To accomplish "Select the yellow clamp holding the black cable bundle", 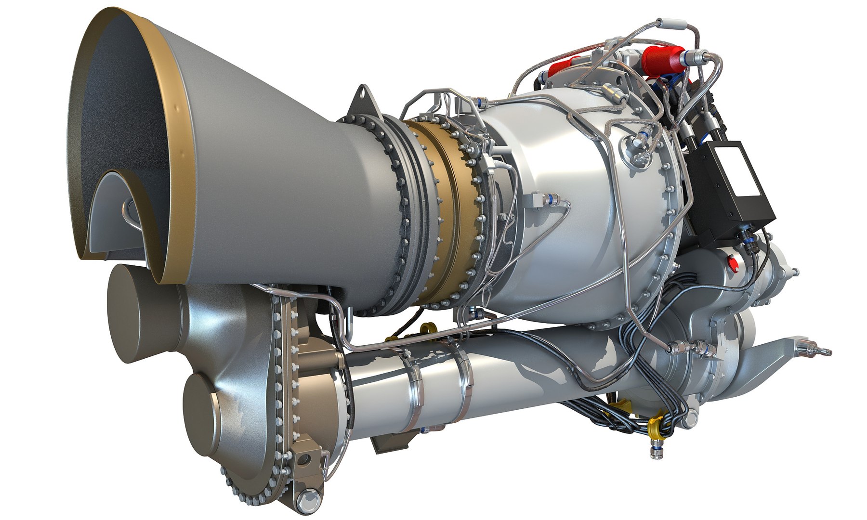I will click(x=654, y=426).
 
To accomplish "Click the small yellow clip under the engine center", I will click(x=425, y=328).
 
